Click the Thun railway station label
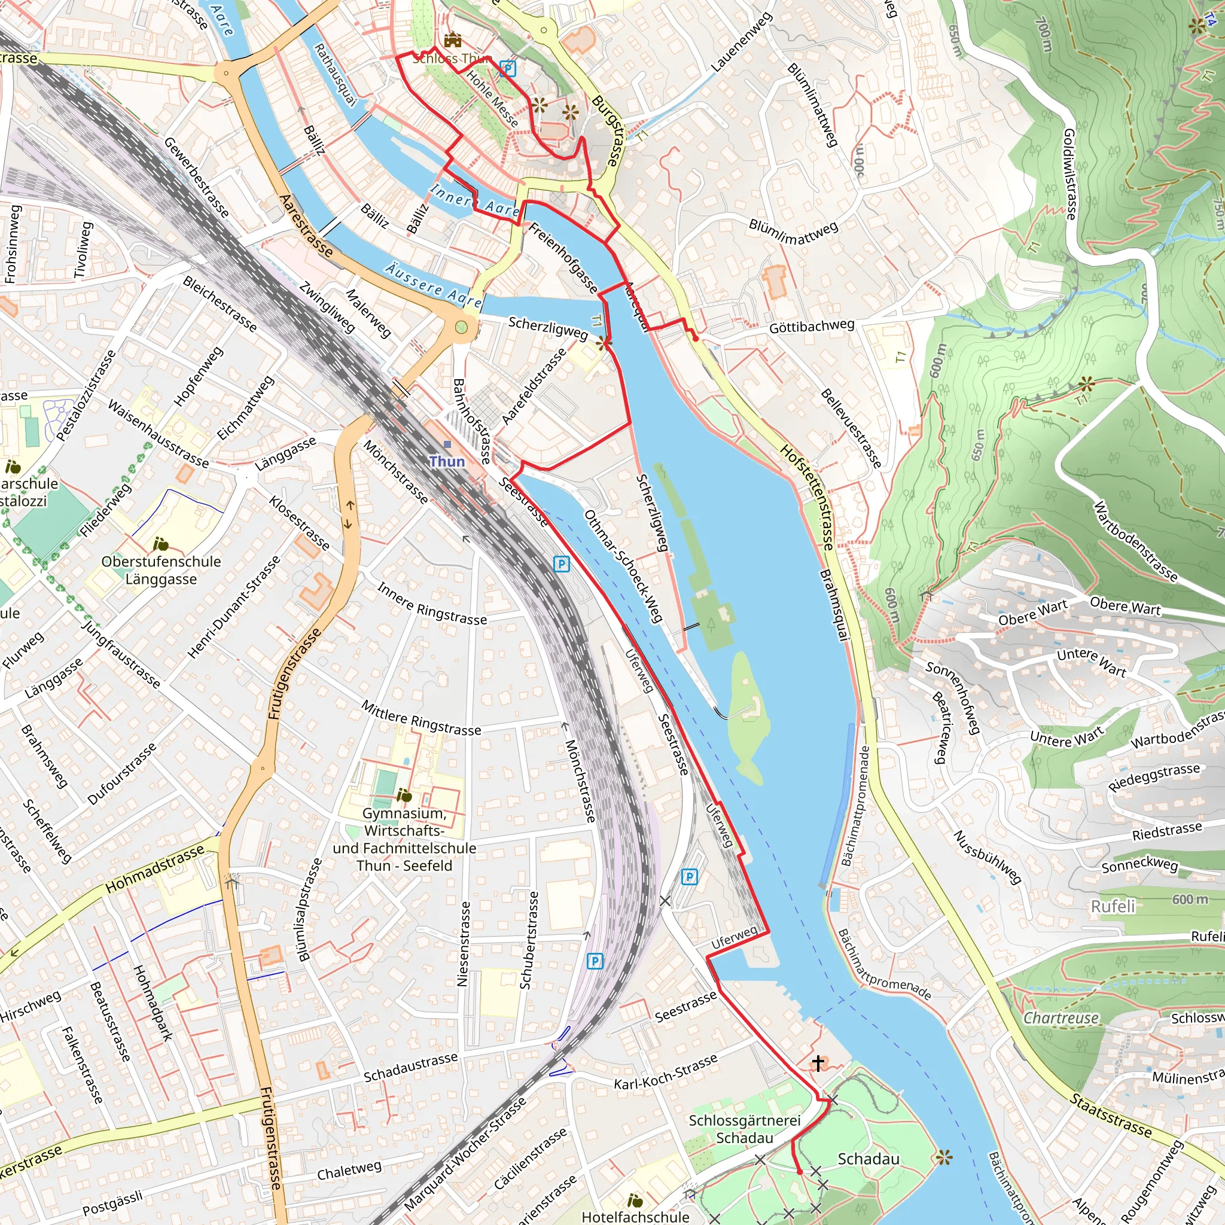[447, 461]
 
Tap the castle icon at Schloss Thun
[453, 40]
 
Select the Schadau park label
[868, 1159]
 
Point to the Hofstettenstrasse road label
[806, 496]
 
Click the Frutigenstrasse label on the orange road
[294, 674]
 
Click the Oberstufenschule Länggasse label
[161, 570]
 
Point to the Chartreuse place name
[1061, 1017]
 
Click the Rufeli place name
[1113, 906]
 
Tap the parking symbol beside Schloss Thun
[507, 68]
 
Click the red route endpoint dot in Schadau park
[800, 1172]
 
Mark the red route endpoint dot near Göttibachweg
[696, 339]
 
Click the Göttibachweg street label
[812, 327]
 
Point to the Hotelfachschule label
[635, 1217]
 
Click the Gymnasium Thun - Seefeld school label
[404, 839]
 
